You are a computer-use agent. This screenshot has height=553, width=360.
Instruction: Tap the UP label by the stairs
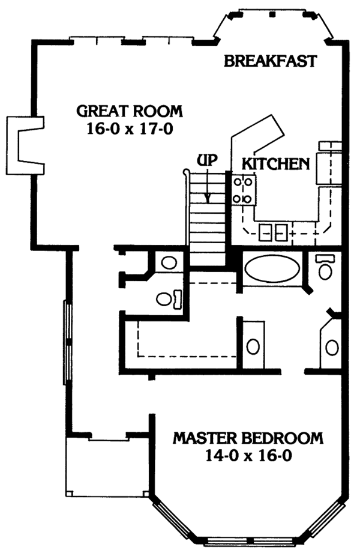[x=206, y=160]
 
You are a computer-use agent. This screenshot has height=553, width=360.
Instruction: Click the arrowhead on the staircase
[x=208, y=198]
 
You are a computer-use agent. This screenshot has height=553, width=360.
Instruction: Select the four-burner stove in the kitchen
[x=244, y=189]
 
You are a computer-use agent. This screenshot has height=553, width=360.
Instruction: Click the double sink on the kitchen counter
[x=273, y=231]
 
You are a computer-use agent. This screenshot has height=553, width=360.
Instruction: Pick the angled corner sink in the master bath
[x=331, y=346]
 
